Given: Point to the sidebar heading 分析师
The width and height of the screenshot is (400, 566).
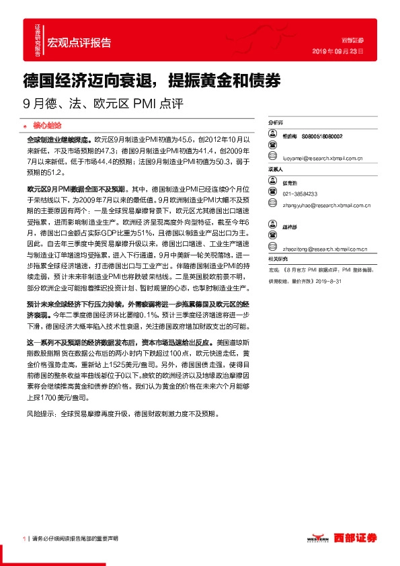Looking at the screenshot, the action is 276,123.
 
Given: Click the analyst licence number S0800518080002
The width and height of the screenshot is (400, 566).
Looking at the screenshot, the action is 322,136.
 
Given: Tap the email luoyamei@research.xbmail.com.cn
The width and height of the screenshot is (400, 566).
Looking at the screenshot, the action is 323,160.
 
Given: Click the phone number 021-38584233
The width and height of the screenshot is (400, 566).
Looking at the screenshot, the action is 301,194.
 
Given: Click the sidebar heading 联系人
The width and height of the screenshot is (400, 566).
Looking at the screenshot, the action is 276,170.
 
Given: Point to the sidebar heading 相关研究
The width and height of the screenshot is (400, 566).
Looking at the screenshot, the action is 278,259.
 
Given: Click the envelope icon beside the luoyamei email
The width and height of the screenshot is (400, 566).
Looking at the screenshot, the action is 274,159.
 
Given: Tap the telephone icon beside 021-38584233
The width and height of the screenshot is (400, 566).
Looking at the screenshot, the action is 274,194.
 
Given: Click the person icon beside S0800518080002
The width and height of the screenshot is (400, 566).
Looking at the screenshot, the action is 274,135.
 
